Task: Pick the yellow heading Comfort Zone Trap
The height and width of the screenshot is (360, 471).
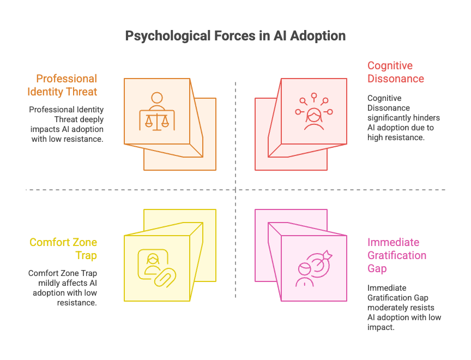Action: pos(63,249)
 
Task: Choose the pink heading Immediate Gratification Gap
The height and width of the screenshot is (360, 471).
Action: pos(396,255)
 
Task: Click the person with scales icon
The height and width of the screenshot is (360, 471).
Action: pos(157,111)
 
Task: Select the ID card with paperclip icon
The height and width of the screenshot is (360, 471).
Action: pos(155,268)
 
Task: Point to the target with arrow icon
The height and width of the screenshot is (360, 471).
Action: pos(313,268)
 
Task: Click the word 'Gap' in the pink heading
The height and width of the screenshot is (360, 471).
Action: pos(377,268)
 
